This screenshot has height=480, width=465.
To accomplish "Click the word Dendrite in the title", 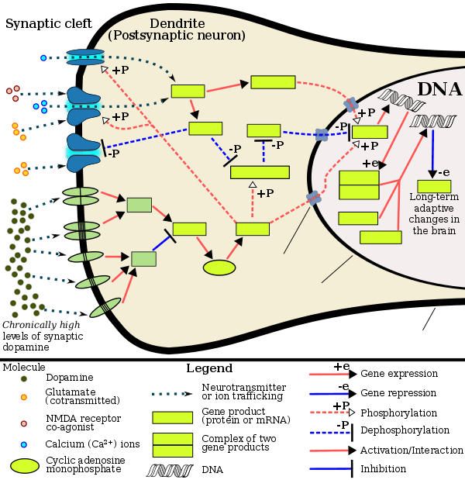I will click(x=176, y=22).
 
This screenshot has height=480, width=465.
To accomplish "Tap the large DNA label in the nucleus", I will click(x=439, y=88).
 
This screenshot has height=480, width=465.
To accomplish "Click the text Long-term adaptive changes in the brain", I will click(x=433, y=214).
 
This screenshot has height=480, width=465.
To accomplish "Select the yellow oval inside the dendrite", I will click(x=219, y=268).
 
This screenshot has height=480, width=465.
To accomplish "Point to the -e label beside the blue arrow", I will click(x=443, y=172).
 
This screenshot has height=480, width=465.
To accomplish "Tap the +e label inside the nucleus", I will click(x=370, y=163).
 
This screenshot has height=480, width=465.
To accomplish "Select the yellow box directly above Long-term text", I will click(x=433, y=187).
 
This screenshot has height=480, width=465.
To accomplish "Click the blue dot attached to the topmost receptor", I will click(x=43, y=57).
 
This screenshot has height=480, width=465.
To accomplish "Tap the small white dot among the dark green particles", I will click(x=32, y=223).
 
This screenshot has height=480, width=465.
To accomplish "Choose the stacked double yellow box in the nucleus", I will click(x=359, y=185).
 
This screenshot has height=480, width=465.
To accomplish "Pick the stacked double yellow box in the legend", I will click(x=172, y=444).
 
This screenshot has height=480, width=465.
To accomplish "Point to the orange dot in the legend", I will click(x=25, y=397).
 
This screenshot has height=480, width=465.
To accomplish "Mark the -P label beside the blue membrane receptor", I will click(x=112, y=154).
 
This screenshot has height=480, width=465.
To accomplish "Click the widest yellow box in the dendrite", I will click(x=260, y=172).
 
